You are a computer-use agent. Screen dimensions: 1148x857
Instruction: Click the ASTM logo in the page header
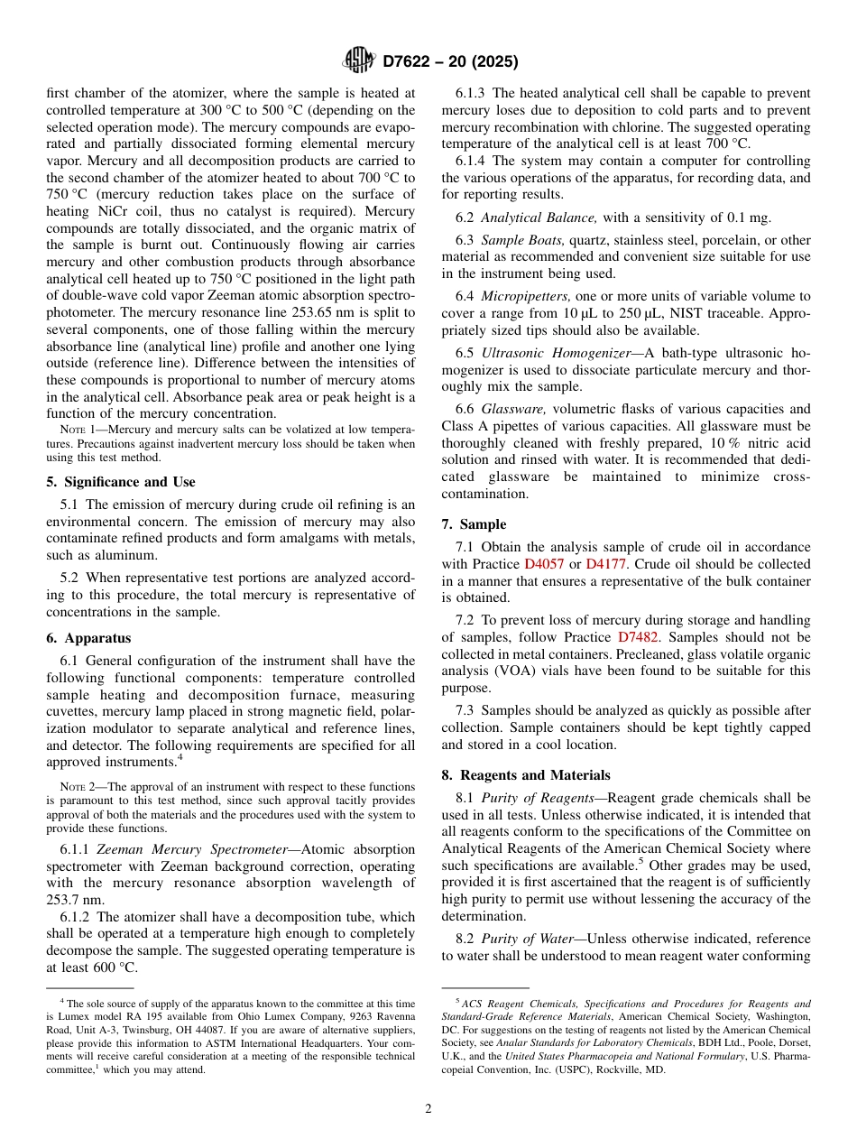point(359,60)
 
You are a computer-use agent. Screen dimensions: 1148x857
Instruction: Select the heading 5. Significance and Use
point(121,482)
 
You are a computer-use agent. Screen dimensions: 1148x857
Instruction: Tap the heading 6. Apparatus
point(88,638)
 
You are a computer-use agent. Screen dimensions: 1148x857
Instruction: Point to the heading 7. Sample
point(474,524)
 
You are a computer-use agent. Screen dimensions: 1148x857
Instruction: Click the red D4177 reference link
point(606,564)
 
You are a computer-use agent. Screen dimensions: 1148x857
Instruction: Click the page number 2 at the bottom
point(428,1109)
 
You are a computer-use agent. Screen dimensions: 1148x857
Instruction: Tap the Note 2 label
point(78,787)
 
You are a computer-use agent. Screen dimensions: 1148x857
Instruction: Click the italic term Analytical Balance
point(539,217)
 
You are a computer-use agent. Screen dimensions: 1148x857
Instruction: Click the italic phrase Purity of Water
point(527,940)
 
